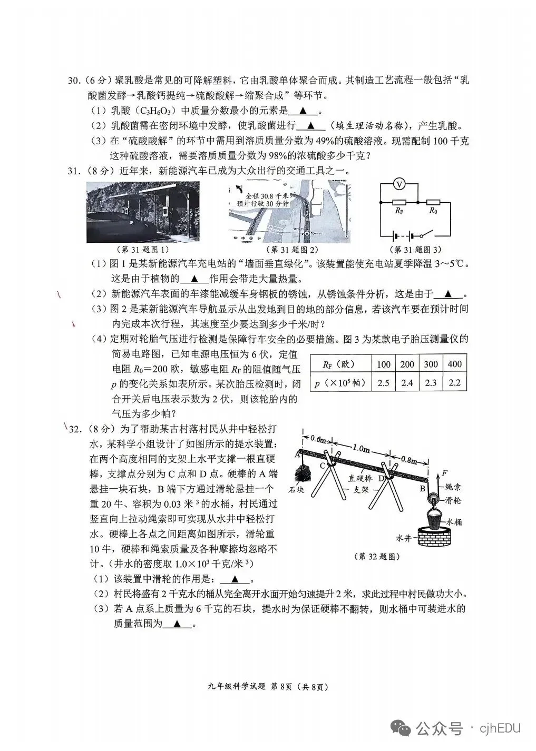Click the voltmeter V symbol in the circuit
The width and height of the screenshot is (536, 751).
tap(400, 184)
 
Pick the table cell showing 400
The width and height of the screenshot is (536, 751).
tap(454, 364)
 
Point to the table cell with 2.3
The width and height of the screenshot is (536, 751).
tap(431, 383)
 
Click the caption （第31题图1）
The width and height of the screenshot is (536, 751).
tap(142, 249)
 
